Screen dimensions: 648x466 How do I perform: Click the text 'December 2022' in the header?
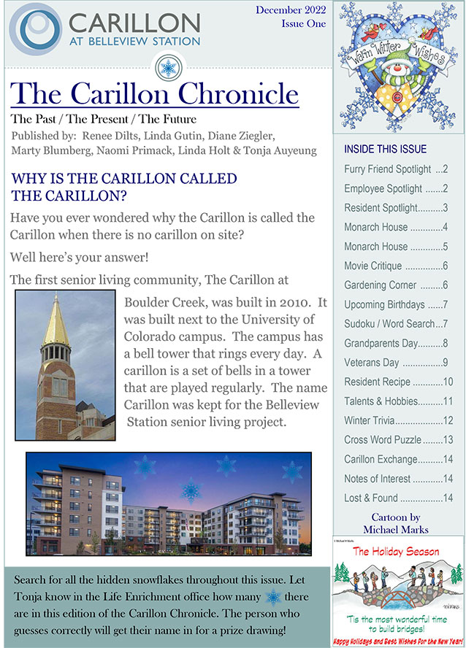pyautogui.click(x=291, y=10)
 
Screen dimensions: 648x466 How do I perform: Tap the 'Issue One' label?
pyautogui.click(x=303, y=24)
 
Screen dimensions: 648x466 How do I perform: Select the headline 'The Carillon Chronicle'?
pyautogui.click(x=154, y=93)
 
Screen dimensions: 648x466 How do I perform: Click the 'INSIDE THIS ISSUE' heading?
pyautogui.click(x=385, y=150)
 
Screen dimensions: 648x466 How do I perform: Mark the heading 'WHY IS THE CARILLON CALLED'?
pyautogui.click(x=124, y=179)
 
